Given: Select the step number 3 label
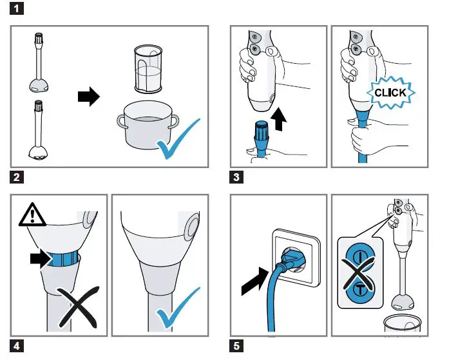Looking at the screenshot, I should pos(238,176).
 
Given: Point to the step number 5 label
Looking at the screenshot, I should pos(238,345).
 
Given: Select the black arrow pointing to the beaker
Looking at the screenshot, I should pos(88,97).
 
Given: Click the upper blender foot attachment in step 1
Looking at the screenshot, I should pos(39,62).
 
